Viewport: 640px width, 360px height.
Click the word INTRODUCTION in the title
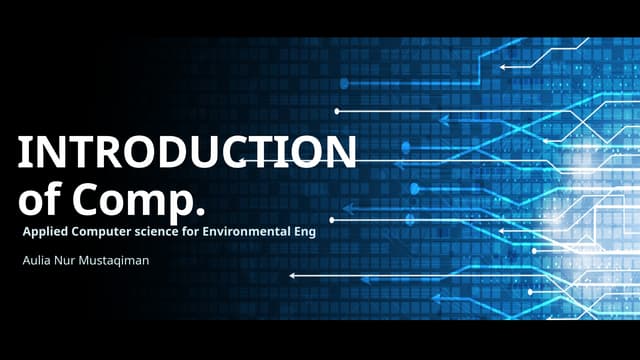(x=187, y=153)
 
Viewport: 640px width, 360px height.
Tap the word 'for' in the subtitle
(x=205, y=233)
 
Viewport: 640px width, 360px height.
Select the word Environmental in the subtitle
(x=259, y=233)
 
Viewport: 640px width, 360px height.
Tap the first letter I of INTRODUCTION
(x=25, y=153)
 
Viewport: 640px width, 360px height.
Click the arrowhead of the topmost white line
(x=502, y=66)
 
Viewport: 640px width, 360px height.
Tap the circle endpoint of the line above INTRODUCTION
(x=337, y=110)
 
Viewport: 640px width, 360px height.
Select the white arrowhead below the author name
(x=291, y=275)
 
